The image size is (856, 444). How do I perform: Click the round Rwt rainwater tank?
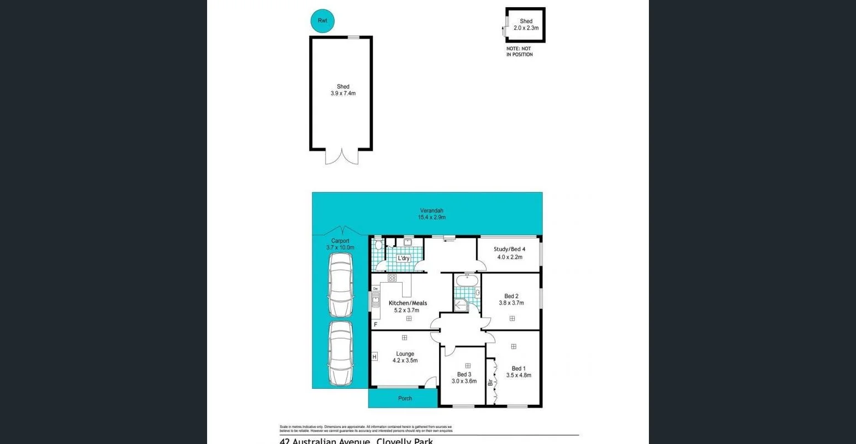pyautogui.click(x=323, y=21)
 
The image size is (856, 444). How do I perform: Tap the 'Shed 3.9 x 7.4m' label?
pyautogui.click(x=343, y=90)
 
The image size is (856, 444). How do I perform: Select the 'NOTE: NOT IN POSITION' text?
pyautogui.click(x=519, y=52)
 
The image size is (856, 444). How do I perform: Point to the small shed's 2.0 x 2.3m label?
pyautogui.click(x=526, y=28)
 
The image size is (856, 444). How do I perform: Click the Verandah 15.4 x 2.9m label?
pyautogui.click(x=431, y=214)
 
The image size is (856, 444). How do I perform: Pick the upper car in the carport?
pyautogui.click(x=340, y=286)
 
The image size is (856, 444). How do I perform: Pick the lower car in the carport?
pyautogui.click(x=340, y=353)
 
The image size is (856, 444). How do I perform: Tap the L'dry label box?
pyautogui.click(x=404, y=258)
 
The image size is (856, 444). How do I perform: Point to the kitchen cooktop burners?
pyautogui.click(x=392, y=278)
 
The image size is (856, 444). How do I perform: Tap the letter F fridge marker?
pyautogui.click(x=376, y=325)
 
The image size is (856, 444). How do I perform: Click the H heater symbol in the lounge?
pyautogui.click(x=374, y=357)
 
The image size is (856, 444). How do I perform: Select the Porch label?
pyautogui.click(x=405, y=398)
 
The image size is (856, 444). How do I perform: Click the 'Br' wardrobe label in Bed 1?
pyautogui.click(x=490, y=382)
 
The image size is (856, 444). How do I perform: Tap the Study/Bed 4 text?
pyautogui.click(x=509, y=249)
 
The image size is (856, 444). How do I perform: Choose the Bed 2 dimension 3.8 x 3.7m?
pyautogui.click(x=511, y=303)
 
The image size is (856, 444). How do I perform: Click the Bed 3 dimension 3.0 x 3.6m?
pyautogui.click(x=464, y=381)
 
